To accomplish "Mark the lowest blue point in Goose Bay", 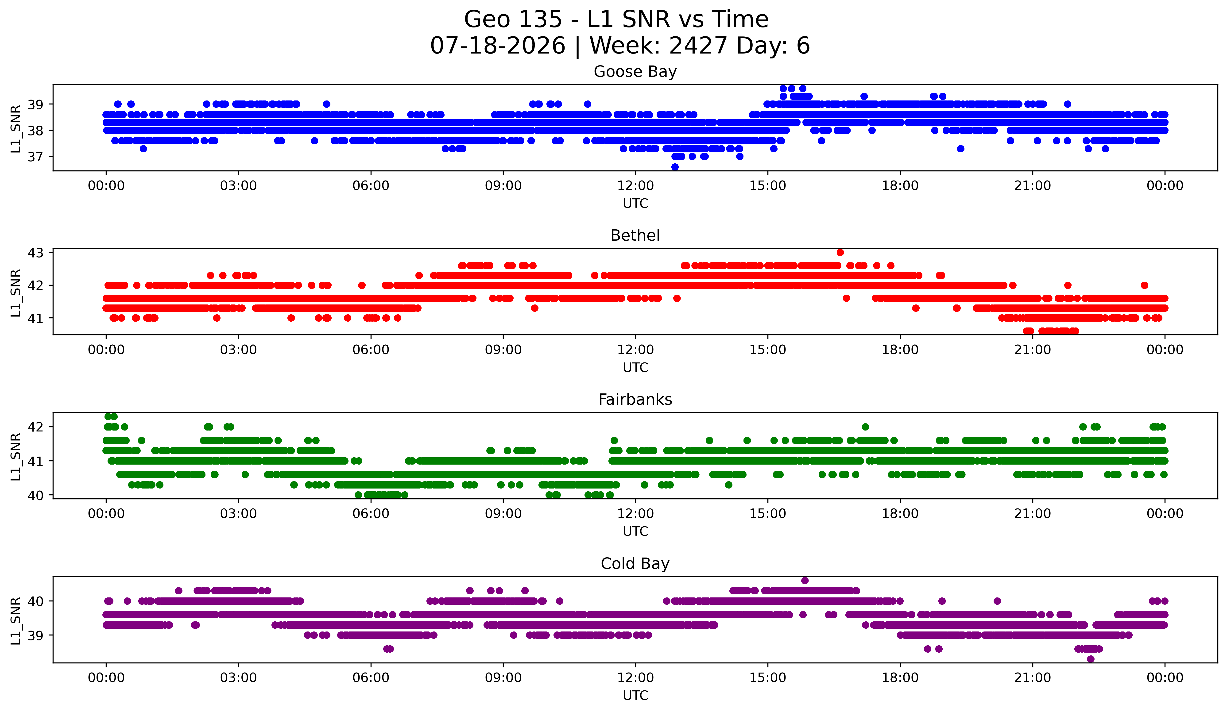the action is click(x=675, y=167).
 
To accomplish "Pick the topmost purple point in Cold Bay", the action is click(x=805, y=581).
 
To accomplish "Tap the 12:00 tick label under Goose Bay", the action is click(x=635, y=186).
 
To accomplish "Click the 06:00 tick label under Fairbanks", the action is click(x=371, y=514).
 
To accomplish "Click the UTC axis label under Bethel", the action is click(x=635, y=367).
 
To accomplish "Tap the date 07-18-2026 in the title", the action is click(x=498, y=46).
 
